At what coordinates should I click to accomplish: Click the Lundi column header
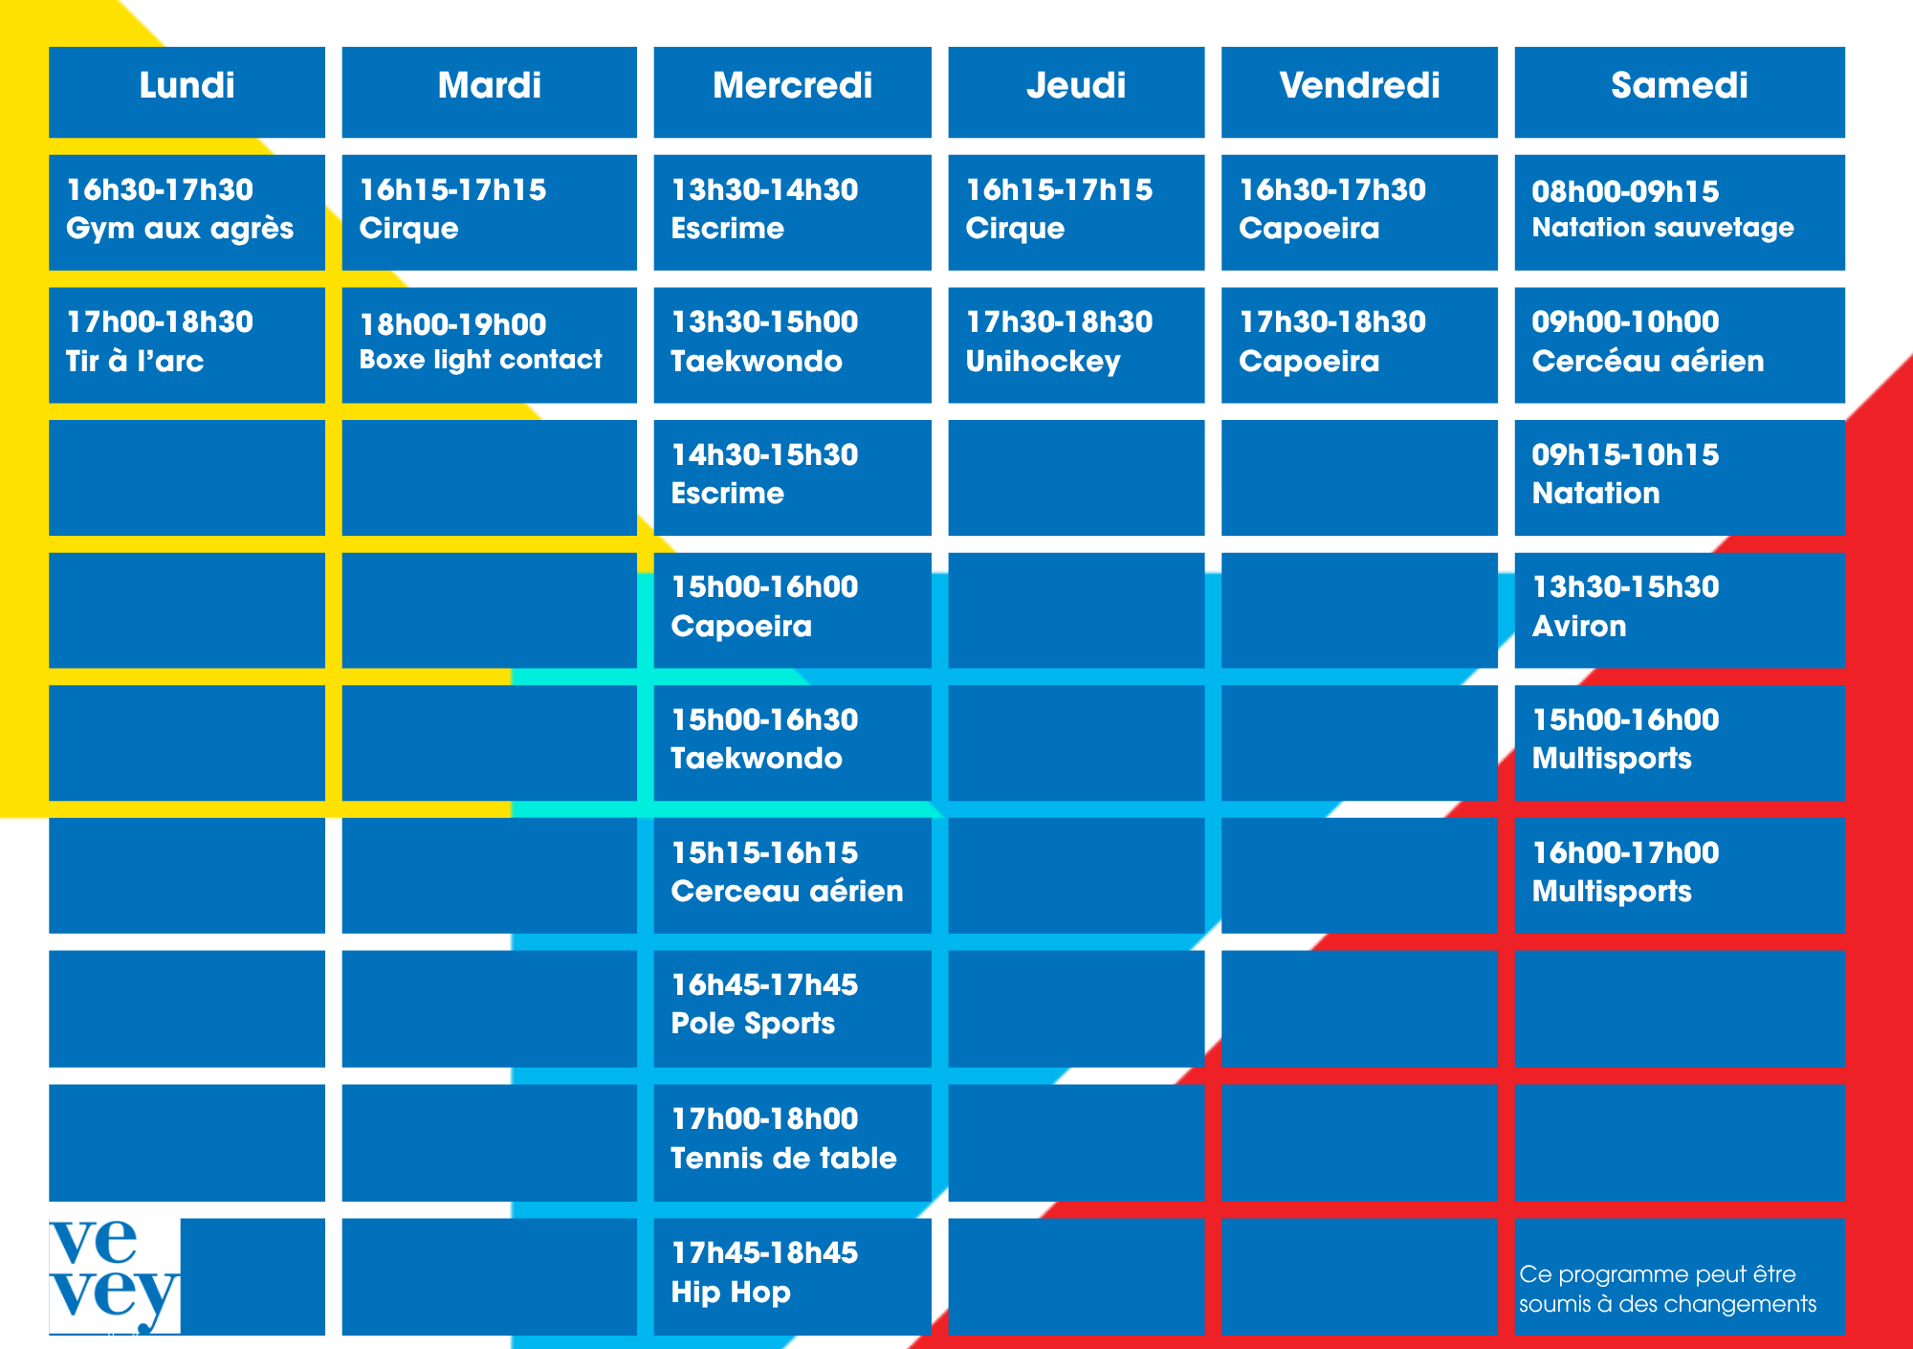[187, 92]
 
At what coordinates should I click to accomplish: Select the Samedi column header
[1680, 92]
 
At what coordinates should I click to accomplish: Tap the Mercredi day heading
[792, 92]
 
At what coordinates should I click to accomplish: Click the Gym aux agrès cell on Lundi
[187, 212]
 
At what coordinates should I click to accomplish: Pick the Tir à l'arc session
[187, 345]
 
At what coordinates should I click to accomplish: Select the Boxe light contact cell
[489, 345]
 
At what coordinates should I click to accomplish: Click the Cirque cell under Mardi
[489, 212]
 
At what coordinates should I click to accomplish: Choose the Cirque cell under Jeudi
[1076, 212]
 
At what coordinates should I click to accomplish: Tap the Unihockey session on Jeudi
[1076, 345]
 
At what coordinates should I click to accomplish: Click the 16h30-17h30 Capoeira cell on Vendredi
[1359, 212]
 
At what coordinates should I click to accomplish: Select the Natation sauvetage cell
[1680, 212]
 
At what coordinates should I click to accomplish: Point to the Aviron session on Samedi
[1680, 610]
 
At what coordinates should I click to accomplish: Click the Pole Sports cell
[792, 1008]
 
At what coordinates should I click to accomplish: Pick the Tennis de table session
[792, 1142]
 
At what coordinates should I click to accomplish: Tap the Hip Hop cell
[792, 1276]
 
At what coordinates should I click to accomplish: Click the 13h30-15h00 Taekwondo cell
[792, 345]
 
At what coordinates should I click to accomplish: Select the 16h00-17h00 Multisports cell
[1680, 875]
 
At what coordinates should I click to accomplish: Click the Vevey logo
[114, 1276]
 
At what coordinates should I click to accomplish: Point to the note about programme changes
[1667, 1289]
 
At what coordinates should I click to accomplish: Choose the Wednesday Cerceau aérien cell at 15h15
[792, 875]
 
